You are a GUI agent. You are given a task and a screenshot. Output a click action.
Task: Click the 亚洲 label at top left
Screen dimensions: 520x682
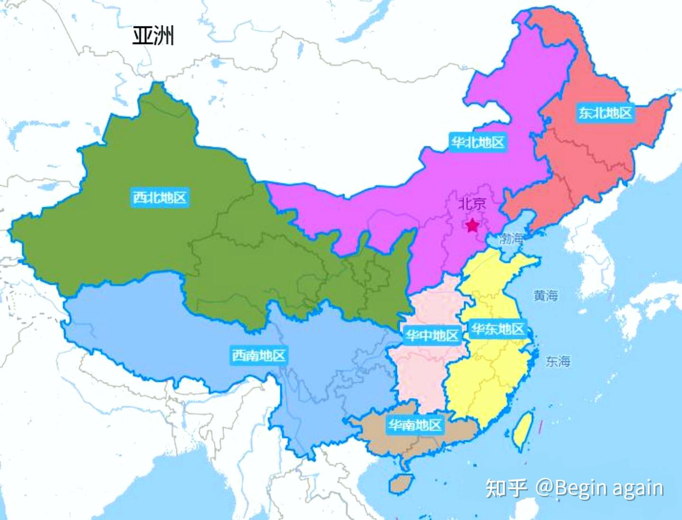click(153, 36)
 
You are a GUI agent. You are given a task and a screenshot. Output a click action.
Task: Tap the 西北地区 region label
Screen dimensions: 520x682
click(160, 197)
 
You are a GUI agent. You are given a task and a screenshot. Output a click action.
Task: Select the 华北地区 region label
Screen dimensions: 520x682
click(477, 142)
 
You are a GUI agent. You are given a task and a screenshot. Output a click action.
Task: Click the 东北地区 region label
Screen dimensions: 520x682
click(605, 113)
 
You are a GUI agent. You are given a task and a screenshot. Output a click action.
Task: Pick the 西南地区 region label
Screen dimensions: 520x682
click(259, 355)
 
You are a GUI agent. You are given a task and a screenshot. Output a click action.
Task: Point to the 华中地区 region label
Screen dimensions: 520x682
click(432, 335)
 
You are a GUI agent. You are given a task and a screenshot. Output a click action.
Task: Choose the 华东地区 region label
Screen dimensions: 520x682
click(498, 329)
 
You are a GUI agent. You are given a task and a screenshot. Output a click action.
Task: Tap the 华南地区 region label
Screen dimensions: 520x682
click(415, 425)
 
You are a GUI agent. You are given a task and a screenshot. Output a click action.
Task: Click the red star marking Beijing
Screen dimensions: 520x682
click(472, 225)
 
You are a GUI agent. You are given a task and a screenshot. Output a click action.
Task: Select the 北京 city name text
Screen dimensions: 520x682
click(472, 204)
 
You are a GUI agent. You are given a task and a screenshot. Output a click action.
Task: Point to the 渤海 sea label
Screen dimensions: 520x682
click(511, 238)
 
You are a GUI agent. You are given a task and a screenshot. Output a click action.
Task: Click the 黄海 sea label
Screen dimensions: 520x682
click(546, 296)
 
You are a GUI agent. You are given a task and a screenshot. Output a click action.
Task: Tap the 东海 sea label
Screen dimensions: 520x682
click(557, 361)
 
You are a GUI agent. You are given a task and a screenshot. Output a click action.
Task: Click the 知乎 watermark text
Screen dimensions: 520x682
click(506, 488)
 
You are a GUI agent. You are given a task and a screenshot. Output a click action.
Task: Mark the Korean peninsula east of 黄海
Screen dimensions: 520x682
click(592, 251)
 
